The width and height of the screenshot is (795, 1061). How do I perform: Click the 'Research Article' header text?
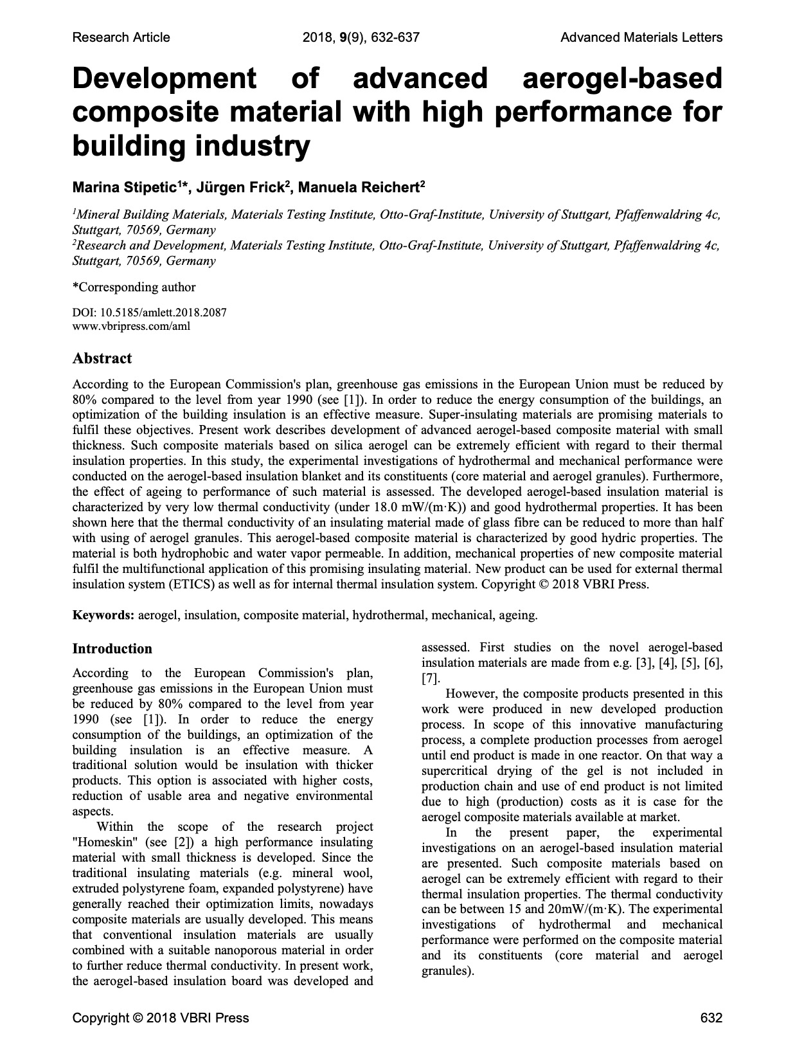coord(121,37)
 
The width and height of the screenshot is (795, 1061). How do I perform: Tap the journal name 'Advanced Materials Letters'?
coord(641,37)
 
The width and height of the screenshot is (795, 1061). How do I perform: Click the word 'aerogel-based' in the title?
coord(622,78)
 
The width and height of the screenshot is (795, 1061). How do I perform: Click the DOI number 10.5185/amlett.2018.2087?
coord(161,313)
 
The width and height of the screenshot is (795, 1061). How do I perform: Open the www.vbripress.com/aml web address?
coord(131,326)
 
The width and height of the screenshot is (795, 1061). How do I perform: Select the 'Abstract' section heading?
coord(102,358)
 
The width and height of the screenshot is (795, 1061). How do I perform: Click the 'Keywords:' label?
coord(103,615)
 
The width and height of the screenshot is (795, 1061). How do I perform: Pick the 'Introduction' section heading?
coord(112,648)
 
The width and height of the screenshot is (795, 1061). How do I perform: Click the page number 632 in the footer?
coord(711,1018)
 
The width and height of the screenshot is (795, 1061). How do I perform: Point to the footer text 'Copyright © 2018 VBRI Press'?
coord(160,1018)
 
